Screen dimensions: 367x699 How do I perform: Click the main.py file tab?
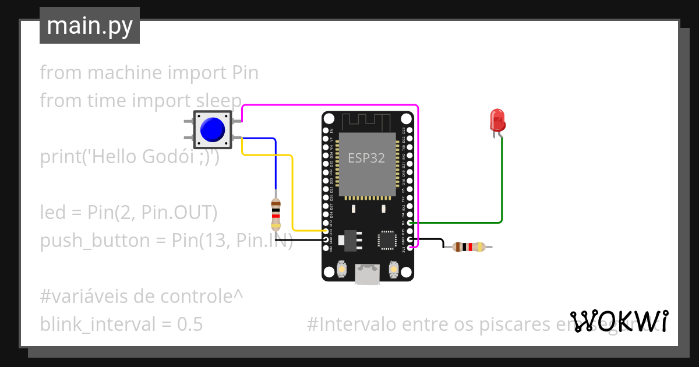[90, 26]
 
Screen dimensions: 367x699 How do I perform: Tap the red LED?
[497, 120]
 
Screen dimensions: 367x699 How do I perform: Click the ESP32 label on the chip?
[366, 157]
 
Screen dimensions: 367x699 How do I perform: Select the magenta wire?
[329, 105]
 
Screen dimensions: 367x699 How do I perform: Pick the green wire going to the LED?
[501, 186]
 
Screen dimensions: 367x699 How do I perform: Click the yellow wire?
[292, 192]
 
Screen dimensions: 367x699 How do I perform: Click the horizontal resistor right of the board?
[468, 247]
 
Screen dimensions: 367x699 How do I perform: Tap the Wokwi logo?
[619, 321]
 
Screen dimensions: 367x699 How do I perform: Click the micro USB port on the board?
[368, 275]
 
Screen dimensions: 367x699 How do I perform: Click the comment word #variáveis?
[85, 297]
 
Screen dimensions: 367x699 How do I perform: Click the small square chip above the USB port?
[387, 239]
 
